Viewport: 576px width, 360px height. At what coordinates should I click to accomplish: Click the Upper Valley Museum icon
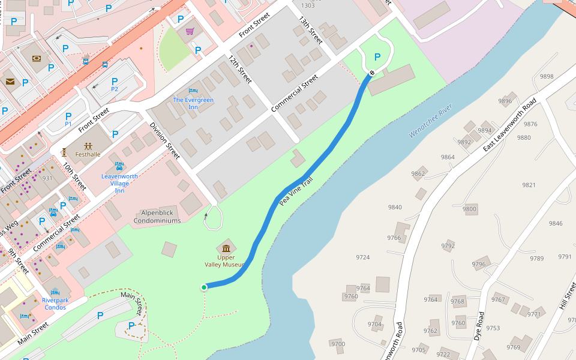pos(226,249)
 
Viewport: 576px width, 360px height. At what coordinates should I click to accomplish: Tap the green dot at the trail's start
pos(204,287)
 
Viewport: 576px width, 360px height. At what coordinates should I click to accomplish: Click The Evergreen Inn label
pos(193,103)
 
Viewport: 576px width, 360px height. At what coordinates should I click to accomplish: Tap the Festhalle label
pos(88,154)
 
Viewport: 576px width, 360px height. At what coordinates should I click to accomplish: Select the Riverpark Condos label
pos(55,304)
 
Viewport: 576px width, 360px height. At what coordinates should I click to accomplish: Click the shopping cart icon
pos(190,32)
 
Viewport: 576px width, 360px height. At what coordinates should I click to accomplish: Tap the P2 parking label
pos(115,89)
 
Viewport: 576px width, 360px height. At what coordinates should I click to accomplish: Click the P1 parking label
pos(68,124)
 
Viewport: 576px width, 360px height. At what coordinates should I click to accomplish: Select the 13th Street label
pos(310,30)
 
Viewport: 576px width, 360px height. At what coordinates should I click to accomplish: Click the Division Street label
pos(164,141)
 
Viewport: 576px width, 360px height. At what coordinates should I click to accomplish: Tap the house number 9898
pos(547,77)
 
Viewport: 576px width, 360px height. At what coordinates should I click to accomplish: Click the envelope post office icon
pos(10,82)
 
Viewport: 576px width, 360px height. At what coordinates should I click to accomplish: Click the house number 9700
pos(338,344)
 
